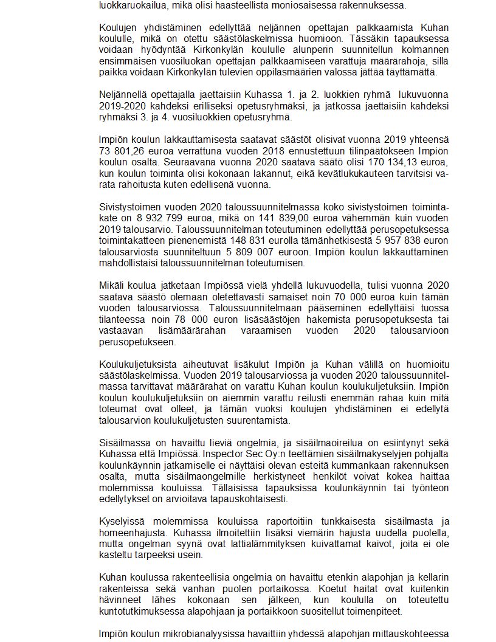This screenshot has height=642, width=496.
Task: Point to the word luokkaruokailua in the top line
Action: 133,5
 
